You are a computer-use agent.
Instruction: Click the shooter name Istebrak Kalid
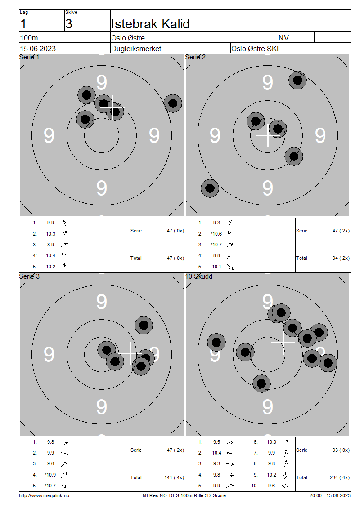tap(150, 24)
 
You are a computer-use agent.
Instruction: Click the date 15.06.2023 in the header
tap(38, 49)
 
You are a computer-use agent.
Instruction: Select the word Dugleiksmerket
tap(136, 49)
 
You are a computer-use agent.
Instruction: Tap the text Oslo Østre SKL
tap(256, 49)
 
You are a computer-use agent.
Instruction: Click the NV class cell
tap(284, 38)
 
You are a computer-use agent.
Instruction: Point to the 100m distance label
tap(29, 38)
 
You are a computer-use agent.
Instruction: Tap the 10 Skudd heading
tap(199, 276)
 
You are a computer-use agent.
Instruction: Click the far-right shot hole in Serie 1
tap(172, 103)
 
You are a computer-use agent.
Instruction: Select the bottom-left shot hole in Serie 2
tap(209, 188)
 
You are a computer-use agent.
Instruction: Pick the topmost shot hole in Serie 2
tap(297, 80)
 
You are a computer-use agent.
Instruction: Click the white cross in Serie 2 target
tap(268, 135)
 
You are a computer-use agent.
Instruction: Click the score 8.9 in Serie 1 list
tap(50, 245)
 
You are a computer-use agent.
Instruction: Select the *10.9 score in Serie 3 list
tap(49, 475)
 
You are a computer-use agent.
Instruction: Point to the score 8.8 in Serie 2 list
tap(216, 255)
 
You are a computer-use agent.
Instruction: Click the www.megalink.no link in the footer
tap(44, 495)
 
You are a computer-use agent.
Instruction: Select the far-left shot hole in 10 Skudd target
tap(216, 342)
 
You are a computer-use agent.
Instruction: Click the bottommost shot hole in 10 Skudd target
tap(261, 383)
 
